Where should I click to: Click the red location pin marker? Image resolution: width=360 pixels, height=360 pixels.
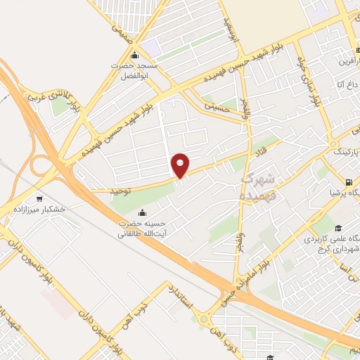pyautogui.click(x=181, y=165)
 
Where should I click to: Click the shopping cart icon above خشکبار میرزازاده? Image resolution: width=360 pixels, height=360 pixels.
pyautogui.click(x=38, y=198)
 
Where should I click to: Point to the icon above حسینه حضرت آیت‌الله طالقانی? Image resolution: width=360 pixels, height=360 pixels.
pyautogui.click(x=143, y=213)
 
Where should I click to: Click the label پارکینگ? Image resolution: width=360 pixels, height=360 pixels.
pyautogui.click(x=344, y=152)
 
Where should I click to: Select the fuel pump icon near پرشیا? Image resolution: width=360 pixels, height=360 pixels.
pyautogui.click(x=334, y=191)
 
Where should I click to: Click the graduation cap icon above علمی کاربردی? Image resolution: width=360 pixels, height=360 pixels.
pyautogui.click(x=338, y=228)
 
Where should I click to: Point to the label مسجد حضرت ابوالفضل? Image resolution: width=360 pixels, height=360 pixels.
pyautogui.click(x=139, y=68)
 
